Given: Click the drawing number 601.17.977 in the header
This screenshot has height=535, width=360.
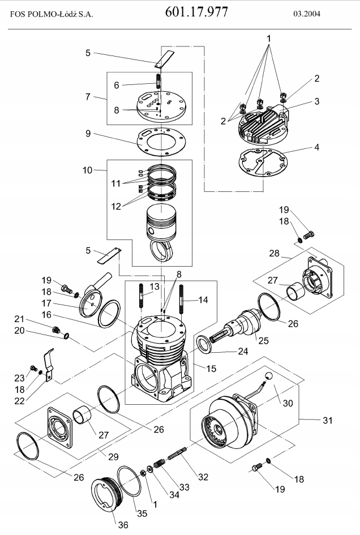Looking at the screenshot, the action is click(x=196, y=12).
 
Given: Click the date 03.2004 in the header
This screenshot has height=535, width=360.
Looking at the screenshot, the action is click(x=306, y=14).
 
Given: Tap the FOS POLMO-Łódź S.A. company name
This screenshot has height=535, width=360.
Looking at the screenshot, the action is click(x=52, y=14).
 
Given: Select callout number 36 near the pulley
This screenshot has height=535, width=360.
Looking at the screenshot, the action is click(x=123, y=524).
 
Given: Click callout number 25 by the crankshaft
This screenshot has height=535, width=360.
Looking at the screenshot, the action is click(x=263, y=340).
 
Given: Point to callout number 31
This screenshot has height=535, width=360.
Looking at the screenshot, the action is click(x=328, y=420).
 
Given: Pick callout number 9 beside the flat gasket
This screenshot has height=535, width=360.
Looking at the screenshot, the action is click(x=88, y=134).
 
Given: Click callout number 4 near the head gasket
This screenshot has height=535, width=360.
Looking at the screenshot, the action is click(x=316, y=147).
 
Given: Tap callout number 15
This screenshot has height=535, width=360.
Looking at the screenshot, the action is click(x=211, y=369).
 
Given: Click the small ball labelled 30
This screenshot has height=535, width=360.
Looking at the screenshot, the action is click(x=269, y=376).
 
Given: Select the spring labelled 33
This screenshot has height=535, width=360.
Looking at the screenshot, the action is click(x=160, y=464).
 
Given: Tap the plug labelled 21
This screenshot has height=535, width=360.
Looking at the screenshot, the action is click(x=55, y=330).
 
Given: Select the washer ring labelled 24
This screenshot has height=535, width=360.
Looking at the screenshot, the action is click(x=205, y=344).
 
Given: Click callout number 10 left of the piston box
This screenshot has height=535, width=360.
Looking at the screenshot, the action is click(x=87, y=170).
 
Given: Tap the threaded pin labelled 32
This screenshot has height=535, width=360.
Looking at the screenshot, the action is click(x=177, y=453).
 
